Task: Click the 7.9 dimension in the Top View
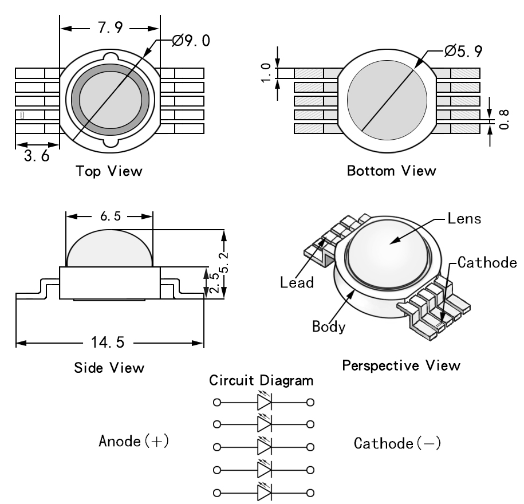tap(109, 29)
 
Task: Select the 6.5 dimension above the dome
tap(109, 216)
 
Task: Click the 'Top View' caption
tap(109, 171)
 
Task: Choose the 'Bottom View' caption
tap(392, 171)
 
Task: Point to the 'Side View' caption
tap(109, 367)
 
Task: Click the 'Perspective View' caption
tap(400, 365)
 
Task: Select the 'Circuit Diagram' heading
tap(262, 380)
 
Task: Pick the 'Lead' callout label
tap(297, 282)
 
